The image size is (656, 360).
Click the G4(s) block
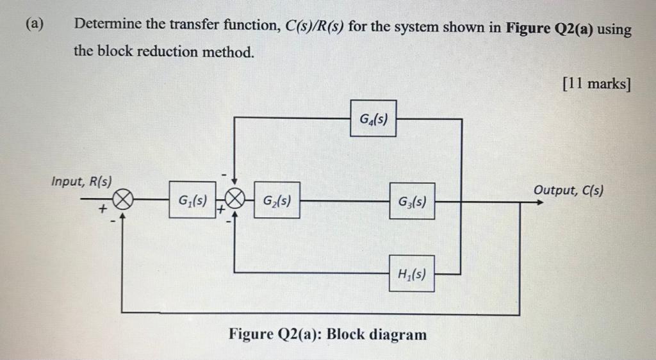point(373,119)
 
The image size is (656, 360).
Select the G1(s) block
point(192,200)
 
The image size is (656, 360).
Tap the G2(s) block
point(277,200)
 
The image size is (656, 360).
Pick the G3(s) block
point(411,201)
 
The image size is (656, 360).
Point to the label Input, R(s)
point(81,181)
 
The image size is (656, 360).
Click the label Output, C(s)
point(568,190)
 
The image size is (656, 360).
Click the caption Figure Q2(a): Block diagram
point(327,334)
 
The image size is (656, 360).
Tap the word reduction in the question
point(169,52)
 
